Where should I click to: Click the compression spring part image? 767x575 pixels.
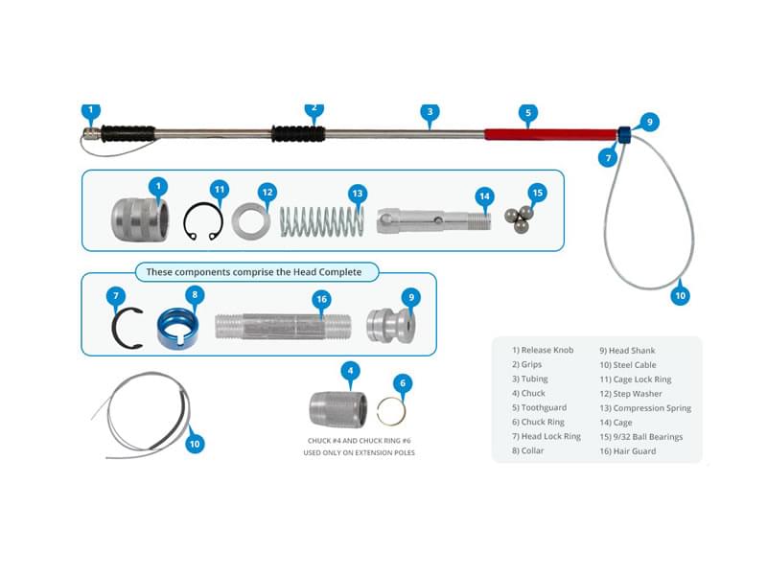coord(322,221)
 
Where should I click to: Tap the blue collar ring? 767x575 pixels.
coord(177,329)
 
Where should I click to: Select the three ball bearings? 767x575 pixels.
coord(519,219)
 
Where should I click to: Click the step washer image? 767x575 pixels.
coord(251,221)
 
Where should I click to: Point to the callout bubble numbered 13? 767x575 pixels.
coord(358,194)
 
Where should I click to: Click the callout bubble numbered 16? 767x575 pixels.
coord(321,299)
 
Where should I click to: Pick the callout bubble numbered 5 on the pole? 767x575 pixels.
coord(528,113)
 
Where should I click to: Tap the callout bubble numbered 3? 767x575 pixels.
coord(430,112)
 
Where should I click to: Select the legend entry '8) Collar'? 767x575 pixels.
coord(528,450)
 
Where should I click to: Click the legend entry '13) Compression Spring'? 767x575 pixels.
coord(645,408)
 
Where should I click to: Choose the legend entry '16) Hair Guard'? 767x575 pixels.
coord(628,451)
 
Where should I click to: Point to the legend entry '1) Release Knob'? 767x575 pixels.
coord(543,350)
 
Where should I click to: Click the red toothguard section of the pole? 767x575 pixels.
coord(550,134)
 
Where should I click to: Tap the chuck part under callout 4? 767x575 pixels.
coord(338,409)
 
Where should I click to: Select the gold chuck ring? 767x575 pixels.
coord(391,411)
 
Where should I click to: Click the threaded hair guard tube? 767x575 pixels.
coord(283,327)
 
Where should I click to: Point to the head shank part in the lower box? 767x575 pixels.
coord(391,325)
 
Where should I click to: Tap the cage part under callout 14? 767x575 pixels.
coord(433,220)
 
